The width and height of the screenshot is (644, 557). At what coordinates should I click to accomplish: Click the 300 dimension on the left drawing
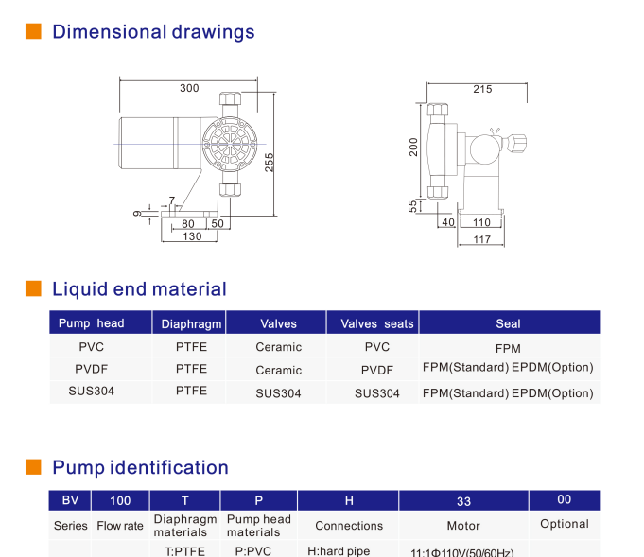tap(189, 88)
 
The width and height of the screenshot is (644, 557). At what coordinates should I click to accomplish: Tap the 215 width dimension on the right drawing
tap(482, 89)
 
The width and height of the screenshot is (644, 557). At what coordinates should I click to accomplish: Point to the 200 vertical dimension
tap(414, 148)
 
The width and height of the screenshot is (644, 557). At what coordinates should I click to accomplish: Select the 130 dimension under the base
tap(192, 236)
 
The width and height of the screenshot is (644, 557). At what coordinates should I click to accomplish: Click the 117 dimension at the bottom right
tap(482, 240)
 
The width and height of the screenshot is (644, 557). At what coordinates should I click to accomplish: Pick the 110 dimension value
tap(482, 222)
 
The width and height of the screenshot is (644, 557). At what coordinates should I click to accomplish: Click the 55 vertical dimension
tap(413, 206)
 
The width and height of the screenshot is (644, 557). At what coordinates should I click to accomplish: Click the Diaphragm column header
tap(191, 323)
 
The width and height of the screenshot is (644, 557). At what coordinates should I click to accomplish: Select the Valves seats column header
tap(376, 323)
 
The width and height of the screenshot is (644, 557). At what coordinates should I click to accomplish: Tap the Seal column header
tap(508, 323)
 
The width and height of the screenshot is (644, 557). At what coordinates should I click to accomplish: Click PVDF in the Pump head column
tap(92, 369)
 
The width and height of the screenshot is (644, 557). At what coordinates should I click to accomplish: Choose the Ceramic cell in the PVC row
tap(278, 347)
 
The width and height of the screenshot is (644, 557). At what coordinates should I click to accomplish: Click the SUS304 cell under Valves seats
tap(376, 392)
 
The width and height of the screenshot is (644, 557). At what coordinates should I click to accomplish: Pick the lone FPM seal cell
tap(508, 348)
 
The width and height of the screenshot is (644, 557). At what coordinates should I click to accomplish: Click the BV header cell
tap(70, 500)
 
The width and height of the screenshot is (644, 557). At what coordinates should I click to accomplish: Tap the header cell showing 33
tap(462, 500)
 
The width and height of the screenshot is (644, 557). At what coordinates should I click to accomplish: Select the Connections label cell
tap(349, 526)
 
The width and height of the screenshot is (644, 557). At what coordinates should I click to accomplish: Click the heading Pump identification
tap(140, 467)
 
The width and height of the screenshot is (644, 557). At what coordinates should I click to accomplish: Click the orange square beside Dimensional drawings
tap(33, 31)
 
